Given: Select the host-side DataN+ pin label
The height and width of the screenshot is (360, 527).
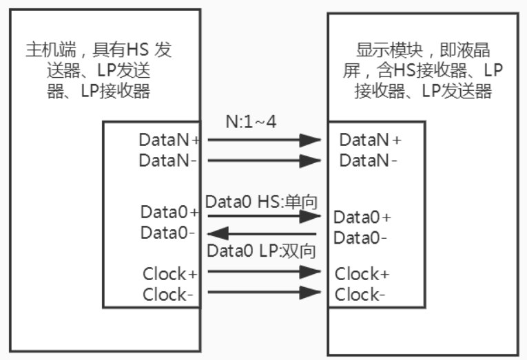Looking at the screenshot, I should coord(169,140).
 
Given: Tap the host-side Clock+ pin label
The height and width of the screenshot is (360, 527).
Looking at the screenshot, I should coord(170,274).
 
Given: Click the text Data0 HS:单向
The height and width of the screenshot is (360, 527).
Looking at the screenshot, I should coord(260,202).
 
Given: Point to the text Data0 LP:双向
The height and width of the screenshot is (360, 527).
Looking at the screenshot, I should coord(261,252).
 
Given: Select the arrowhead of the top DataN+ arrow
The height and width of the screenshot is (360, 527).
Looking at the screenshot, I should coord(311,140).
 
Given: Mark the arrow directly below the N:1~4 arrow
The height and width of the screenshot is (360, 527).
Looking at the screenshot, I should coord(264,160).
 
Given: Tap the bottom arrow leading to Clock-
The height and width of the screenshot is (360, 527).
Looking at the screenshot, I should coord(264,292).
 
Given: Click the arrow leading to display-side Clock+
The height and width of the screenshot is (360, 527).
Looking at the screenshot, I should coord(264,271).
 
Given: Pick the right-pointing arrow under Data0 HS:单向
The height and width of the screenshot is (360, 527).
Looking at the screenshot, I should coord(264,215).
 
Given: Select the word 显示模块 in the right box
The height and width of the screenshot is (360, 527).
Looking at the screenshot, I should coord(382,50).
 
